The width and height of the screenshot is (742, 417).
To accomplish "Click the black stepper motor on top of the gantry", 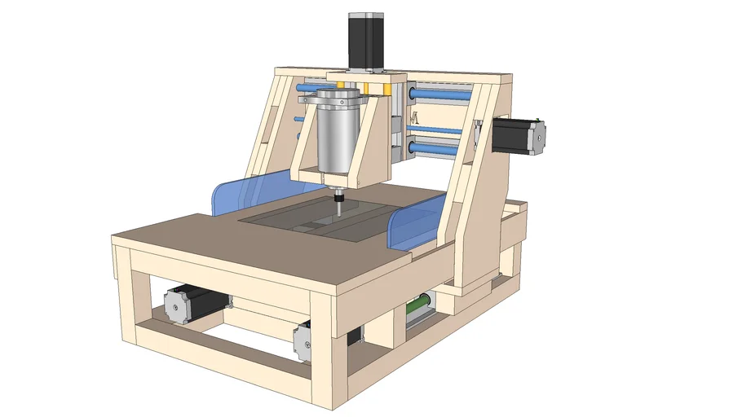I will pyautogui.click(x=366, y=41).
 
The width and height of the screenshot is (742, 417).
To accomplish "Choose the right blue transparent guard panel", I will pyautogui.click(x=415, y=227).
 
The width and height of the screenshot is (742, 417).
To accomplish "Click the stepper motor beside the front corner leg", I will pyautogui.click(x=303, y=339).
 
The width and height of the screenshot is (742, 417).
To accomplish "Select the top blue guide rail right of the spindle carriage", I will pyautogui.click(x=440, y=95).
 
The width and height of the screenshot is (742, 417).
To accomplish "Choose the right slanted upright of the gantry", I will pyautogui.click(x=473, y=187).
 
